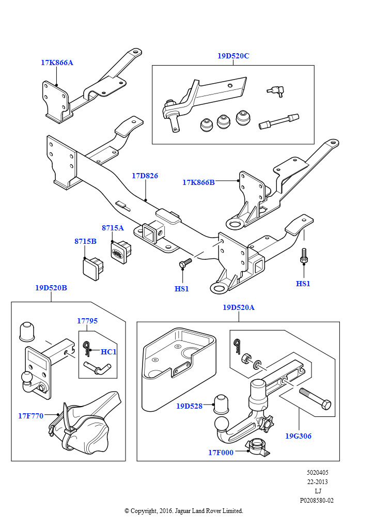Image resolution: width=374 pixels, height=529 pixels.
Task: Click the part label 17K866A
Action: [x=57, y=63]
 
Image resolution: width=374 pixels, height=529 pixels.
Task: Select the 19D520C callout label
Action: [x=233, y=56]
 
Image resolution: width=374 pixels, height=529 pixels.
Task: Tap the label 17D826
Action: [x=145, y=176]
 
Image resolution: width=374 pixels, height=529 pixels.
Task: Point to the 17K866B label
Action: [x=198, y=182]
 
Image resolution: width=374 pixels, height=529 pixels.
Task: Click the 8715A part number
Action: [x=113, y=228]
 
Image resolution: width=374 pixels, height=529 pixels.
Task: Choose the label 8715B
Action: [x=85, y=241]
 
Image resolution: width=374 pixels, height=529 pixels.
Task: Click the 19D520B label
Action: [x=51, y=288]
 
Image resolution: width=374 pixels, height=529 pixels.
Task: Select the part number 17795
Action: [x=87, y=320]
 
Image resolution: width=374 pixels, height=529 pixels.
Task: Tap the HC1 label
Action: [x=108, y=351]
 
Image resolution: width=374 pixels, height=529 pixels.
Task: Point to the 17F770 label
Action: [x=30, y=416]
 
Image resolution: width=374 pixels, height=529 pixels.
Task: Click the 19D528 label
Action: [x=189, y=406]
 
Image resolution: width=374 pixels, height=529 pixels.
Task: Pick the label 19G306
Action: [x=298, y=436]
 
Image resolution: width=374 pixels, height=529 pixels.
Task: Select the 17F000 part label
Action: [x=221, y=453]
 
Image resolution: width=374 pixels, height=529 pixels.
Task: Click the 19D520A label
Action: [x=239, y=307]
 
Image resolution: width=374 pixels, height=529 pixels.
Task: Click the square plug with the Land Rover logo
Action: [x=121, y=252]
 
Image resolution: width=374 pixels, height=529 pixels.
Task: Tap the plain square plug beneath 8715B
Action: [x=93, y=269]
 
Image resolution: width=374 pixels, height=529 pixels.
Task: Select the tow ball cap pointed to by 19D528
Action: [x=221, y=403]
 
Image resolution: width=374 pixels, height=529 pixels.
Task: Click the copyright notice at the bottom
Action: [x=184, y=511]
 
